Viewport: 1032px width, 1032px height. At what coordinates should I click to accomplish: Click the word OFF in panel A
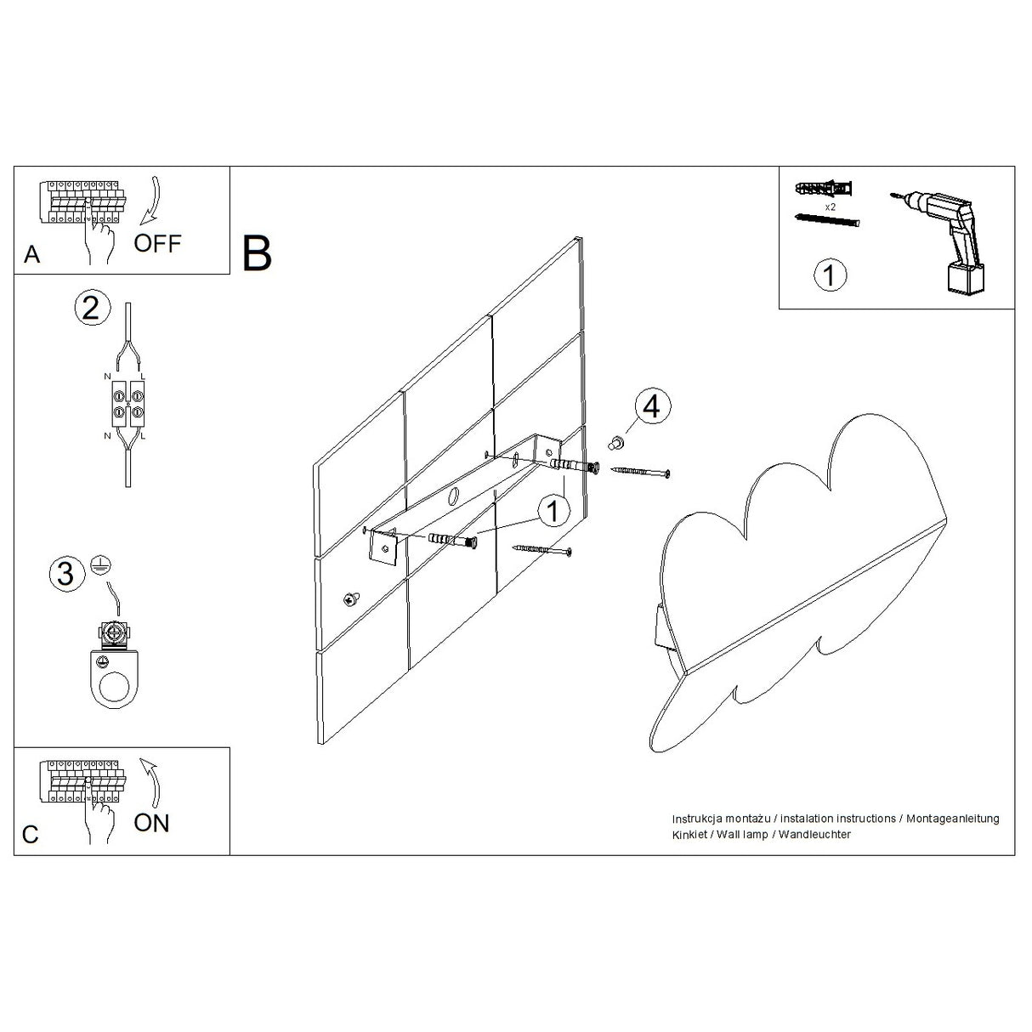[x=157, y=243]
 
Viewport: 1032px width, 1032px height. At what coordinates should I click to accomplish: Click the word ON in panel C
[x=151, y=823]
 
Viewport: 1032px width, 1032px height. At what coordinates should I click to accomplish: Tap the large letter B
[x=257, y=253]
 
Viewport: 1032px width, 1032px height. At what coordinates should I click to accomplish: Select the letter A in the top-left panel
[x=32, y=255]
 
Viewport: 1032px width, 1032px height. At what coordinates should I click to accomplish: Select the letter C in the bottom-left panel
[x=31, y=835]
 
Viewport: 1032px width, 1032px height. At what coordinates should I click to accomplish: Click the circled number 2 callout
[x=92, y=308]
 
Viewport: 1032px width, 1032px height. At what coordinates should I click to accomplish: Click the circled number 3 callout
[x=66, y=574]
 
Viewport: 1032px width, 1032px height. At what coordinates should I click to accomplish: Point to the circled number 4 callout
[x=650, y=406]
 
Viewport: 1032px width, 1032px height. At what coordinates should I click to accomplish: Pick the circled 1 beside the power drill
[x=830, y=275]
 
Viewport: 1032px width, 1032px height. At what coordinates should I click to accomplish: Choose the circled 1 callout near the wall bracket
[x=553, y=512]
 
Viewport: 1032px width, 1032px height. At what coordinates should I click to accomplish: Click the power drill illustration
[x=944, y=238]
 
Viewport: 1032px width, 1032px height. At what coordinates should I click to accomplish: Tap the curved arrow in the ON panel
[x=151, y=780]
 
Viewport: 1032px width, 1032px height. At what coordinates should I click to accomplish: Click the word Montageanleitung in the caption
[x=952, y=819]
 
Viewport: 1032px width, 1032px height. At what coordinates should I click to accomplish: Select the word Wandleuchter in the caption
[x=815, y=835]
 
